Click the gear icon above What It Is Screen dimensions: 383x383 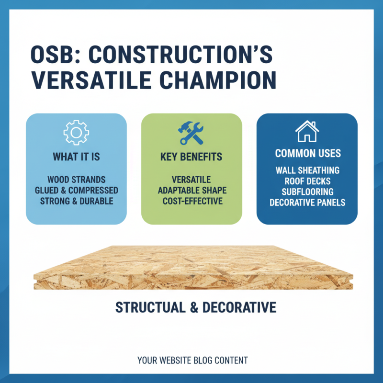[x=76, y=133]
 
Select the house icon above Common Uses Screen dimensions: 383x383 [x=307, y=131]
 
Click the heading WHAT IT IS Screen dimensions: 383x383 [x=76, y=157]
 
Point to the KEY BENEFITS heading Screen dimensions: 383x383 [x=191, y=157]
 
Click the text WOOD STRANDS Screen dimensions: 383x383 [x=76, y=180]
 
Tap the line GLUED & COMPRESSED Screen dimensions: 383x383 [x=76, y=191]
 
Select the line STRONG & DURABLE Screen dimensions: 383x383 [x=76, y=201]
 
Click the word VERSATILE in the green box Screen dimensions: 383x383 [x=191, y=180]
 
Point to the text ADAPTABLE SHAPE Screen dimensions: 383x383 [x=191, y=191]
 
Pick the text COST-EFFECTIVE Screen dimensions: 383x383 [x=191, y=201]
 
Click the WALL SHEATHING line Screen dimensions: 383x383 [x=307, y=170]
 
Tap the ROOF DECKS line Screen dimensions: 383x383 [x=307, y=181]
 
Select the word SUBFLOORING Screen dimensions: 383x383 [x=307, y=191]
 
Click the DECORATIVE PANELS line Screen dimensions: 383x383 [x=307, y=202]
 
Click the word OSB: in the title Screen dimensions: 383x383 [x=53, y=56]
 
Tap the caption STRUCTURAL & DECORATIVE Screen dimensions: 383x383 [x=196, y=307]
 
